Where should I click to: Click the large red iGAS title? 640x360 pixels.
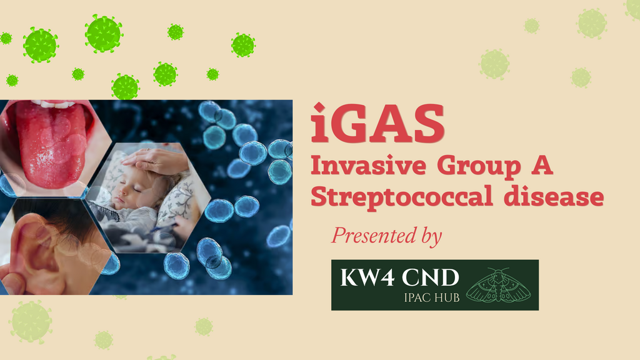point(377,123)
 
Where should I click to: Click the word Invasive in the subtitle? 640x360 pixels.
point(369,165)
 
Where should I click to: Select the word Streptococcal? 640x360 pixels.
point(402,197)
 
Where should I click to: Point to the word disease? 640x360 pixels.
point(554,196)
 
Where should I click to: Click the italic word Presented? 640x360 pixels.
point(370,235)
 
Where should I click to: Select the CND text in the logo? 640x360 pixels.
point(430,277)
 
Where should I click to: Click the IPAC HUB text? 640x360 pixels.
point(431,297)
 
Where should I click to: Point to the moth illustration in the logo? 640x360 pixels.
point(498,285)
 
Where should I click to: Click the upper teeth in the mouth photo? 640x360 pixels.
point(52,104)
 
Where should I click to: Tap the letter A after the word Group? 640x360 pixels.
point(542,165)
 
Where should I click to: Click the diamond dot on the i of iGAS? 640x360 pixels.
point(319,107)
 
